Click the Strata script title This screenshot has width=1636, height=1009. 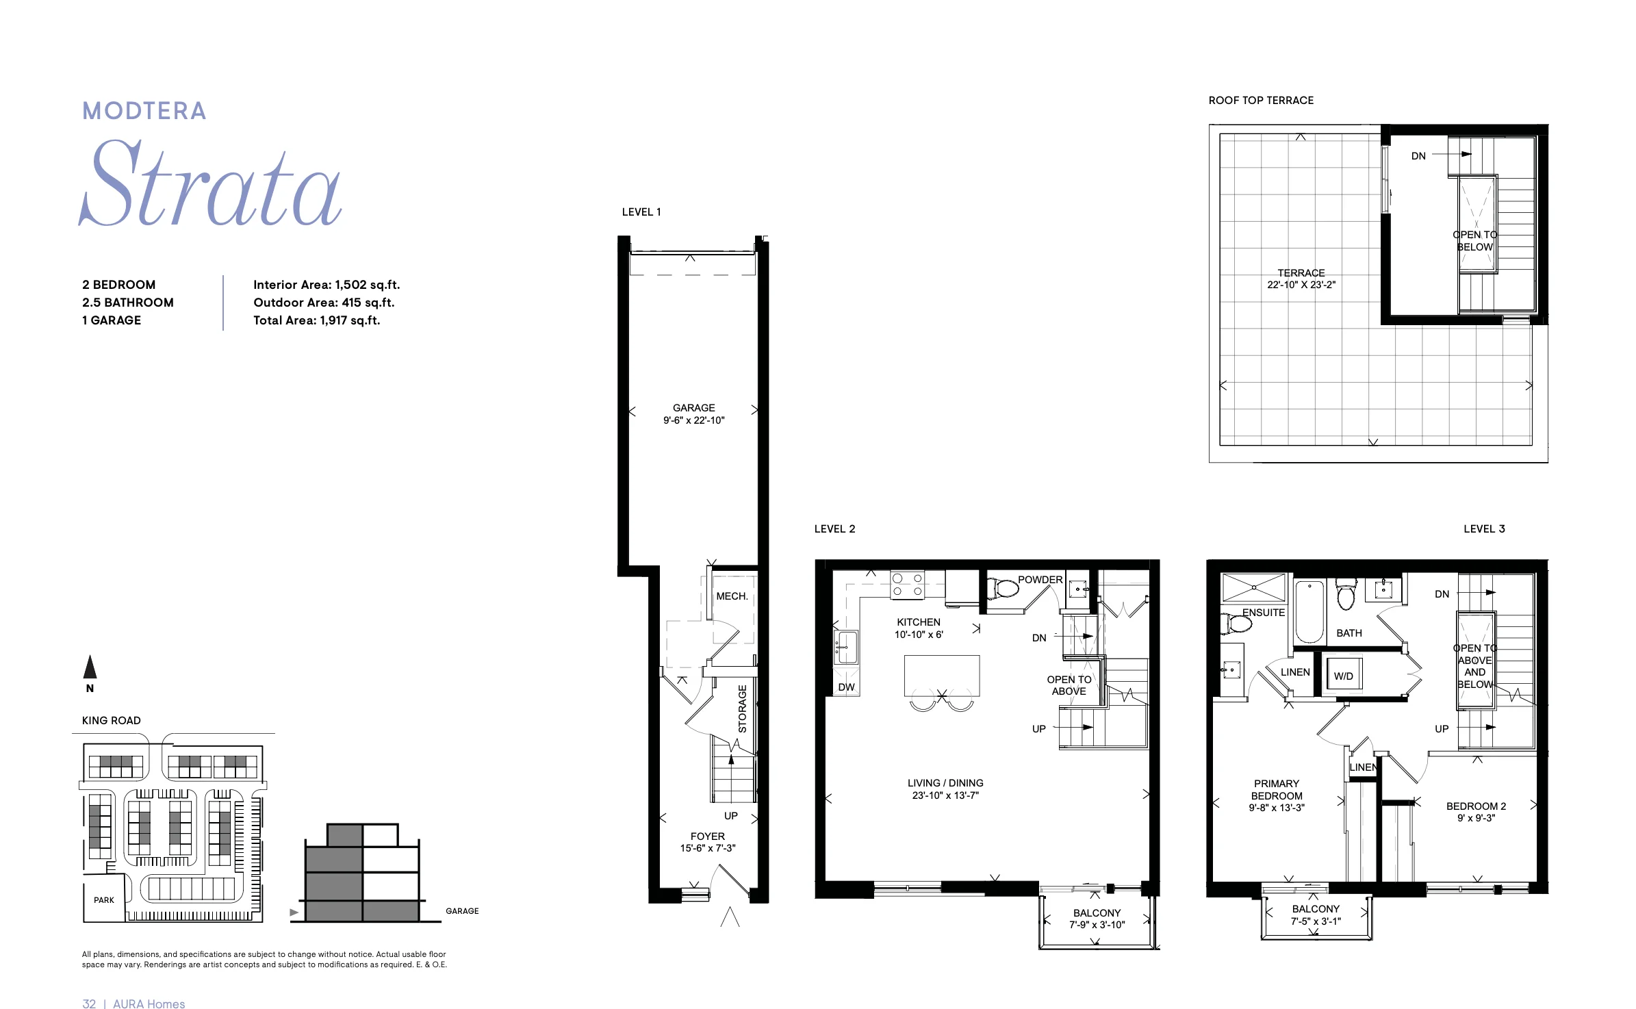pos(210,183)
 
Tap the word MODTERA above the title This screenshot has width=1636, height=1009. pos(144,111)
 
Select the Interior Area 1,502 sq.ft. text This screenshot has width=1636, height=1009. pos(327,285)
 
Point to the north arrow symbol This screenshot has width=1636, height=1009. pos(90,667)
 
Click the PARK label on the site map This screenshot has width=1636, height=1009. pos(104,900)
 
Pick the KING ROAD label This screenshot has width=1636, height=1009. pos(112,721)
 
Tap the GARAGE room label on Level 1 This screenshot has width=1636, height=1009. pos(693,408)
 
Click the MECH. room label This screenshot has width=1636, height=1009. pos(732,596)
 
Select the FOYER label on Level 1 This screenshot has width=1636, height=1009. pos(708,836)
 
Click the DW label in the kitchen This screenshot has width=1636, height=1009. pos(847,687)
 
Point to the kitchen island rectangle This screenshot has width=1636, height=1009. pos(942,676)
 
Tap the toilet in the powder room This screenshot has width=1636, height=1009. pos(1003,587)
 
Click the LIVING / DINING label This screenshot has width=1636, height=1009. pos(945,783)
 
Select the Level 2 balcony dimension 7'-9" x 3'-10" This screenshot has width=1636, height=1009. pos(1097,925)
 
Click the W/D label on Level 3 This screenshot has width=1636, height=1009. pos(1344,676)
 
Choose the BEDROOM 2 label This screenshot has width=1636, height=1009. pos(1477,806)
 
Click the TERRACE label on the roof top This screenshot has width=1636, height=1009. pos(1301,273)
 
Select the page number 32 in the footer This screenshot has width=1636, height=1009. pos(89,1004)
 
